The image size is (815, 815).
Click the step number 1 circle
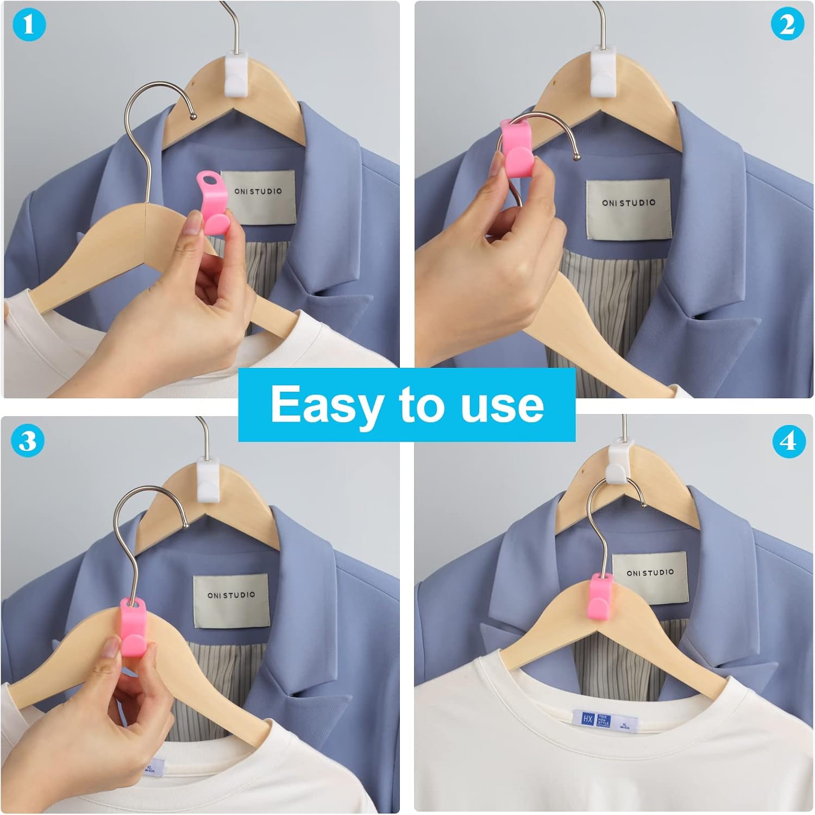pyautogui.click(x=28, y=25)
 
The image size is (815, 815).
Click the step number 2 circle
pyautogui.click(x=787, y=25)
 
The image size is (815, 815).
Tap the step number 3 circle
pyautogui.click(x=28, y=441)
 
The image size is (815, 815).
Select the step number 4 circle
pyautogui.click(x=788, y=441)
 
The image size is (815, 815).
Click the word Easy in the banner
pyautogui.click(x=325, y=404)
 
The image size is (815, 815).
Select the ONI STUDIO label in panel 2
pyautogui.click(x=629, y=209)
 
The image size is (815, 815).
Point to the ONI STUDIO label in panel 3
pyautogui.click(x=231, y=600)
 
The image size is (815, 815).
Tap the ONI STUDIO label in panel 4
pyautogui.click(x=650, y=578)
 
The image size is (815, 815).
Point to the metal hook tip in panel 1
pyautogui.click(x=193, y=115)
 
